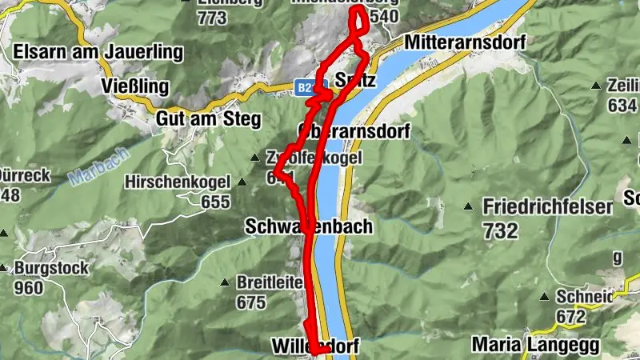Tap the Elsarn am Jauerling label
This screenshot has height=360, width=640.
pyautogui.click(x=98, y=53)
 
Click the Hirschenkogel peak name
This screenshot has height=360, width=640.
pyautogui.click(x=177, y=182)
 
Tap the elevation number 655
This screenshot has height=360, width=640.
pyautogui.click(x=215, y=202)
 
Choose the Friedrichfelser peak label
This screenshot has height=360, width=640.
pyautogui.click(x=547, y=207)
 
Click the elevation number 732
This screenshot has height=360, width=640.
pyautogui.click(x=500, y=230)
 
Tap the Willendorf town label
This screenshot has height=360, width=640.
pyautogui.click(x=315, y=346)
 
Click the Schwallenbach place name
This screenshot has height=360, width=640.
pyautogui.click(x=308, y=227)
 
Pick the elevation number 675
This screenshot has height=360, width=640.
pyautogui.click(x=250, y=302)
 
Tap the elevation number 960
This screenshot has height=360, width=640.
pyautogui.click(x=28, y=288)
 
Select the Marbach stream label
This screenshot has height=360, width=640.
pyautogui.click(x=88, y=166)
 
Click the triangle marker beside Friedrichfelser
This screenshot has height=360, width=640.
pyautogui.click(x=468, y=206)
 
